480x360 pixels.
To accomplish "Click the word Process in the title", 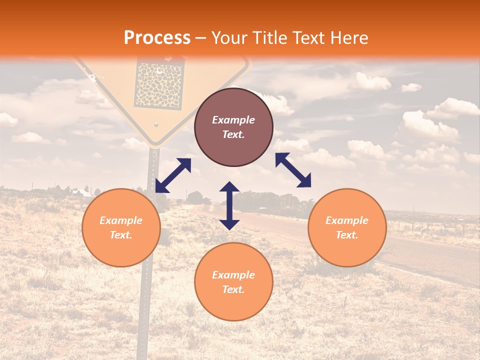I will [x=157, y=38].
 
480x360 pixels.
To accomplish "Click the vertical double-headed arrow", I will [x=229, y=205].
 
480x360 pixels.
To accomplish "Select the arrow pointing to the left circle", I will [x=173, y=175].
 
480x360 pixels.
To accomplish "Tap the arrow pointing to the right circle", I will [x=293, y=170].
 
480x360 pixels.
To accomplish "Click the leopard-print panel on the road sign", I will [x=161, y=85].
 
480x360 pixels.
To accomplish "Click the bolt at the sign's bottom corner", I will [x=156, y=124].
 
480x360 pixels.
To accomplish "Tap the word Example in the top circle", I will [x=233, y=120].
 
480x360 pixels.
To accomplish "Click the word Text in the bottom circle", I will [x=233, y=289].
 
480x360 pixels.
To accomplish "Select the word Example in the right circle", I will [x=347, y=220].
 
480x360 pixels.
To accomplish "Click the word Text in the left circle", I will [x=121, y=235].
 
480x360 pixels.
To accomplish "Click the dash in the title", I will [x=201, y=38].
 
